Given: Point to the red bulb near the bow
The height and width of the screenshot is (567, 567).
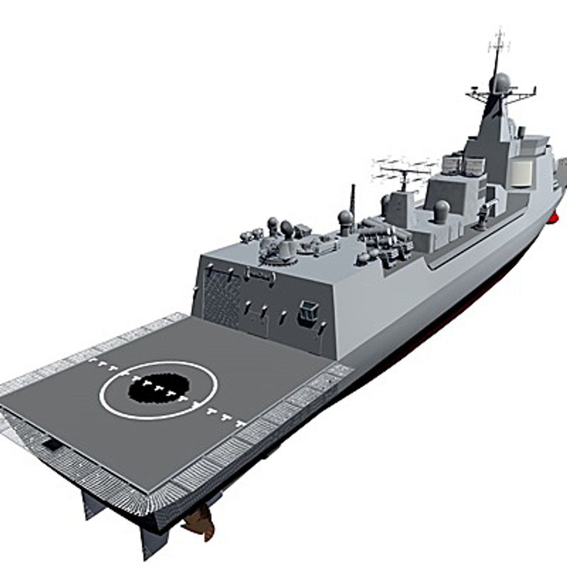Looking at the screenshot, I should [x=553, y=217].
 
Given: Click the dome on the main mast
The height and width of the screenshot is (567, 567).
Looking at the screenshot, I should [x=500, y=83].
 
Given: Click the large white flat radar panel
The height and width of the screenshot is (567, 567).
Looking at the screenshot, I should [x=521, y=173].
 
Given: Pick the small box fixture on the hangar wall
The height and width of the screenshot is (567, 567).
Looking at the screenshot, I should [x=308, y=313].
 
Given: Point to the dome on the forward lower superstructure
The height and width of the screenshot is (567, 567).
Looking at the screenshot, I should [x=442, y=211].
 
